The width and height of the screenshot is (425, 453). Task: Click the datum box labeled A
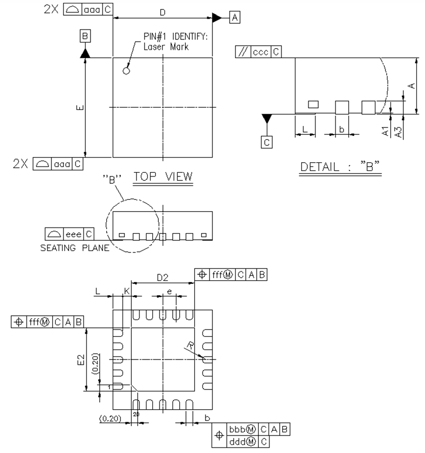tap(235, 18)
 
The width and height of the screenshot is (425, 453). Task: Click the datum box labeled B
tap(85, 36)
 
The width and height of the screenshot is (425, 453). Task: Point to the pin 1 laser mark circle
tap(126, 71)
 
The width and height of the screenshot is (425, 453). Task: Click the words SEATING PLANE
tap(74, 247)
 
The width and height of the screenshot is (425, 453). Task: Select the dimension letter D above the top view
tap(162, 13)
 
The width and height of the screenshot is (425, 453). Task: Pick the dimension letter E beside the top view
tap(80, 108)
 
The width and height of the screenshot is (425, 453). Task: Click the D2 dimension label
tap(162, 278)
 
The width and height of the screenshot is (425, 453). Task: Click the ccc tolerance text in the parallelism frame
tap(260, 52)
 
